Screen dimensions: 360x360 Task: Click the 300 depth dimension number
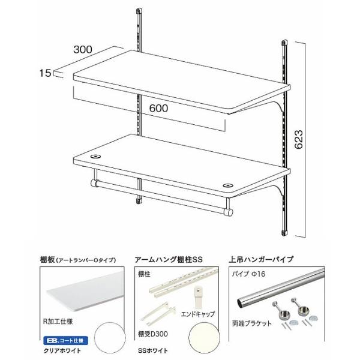coord(83,49)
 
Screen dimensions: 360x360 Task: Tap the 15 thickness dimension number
coord(45,73)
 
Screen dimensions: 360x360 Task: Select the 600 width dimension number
coord(158,108)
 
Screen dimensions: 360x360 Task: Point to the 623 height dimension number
coord(299,140)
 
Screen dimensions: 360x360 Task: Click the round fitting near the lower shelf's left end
coord(95,157)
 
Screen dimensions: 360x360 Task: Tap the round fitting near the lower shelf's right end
coord(228,185)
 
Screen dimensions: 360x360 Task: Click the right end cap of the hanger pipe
coord(230,212)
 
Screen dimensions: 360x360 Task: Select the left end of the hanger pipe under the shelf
coord(94,183)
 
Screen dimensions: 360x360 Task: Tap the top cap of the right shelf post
coord(284,43)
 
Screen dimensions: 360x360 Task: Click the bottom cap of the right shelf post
coord(284,233)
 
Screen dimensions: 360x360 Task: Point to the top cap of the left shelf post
coord(139,11)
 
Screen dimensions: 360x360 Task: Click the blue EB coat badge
coord(65,340)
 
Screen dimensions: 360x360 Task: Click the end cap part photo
coord(198,297)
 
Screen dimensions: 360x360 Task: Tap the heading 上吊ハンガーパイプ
coord(261,259)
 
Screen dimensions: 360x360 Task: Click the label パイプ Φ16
coord(248,274)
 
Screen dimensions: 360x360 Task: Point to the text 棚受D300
coord(152,334)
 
